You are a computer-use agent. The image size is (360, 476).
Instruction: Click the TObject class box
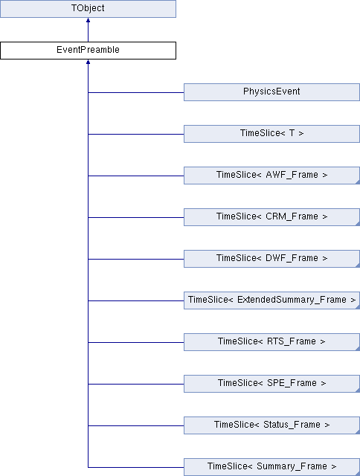(x=88, y=8)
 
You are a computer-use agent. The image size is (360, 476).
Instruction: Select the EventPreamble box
(x=88, y=51)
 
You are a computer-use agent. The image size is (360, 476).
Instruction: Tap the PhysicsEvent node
(x=271, y=92)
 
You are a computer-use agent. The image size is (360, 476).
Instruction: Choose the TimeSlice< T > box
(x=271, y=134)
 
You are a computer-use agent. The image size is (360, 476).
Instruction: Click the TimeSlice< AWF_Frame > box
(x=271, y=176)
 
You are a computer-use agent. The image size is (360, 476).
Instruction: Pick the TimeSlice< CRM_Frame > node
(x=271, y=216)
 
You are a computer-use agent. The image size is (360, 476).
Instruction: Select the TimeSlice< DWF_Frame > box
(x=271, y=259)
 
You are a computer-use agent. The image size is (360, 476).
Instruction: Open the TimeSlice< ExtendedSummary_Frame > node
(x=271, y=300)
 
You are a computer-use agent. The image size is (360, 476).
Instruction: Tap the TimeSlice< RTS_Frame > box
(x=271, y=342)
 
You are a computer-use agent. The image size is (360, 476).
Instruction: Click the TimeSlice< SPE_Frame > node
(x=271, y=384)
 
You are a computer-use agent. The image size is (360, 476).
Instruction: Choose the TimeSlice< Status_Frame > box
(x=271, y=425)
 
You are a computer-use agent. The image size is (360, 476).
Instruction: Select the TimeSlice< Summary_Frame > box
(x=271, y=467)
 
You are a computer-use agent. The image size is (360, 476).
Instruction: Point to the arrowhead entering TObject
(x=88, y=20)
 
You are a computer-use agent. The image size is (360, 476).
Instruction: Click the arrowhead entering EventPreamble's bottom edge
(x=88, y=62)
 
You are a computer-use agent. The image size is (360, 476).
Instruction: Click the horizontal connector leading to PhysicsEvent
(x=136, y=92)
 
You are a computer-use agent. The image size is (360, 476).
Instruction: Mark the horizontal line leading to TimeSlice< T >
(x=136, y=134)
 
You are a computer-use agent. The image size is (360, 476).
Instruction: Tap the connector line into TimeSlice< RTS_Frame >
(x=136, y=342)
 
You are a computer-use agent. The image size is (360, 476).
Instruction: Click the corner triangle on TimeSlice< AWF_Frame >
(x=359, y=182)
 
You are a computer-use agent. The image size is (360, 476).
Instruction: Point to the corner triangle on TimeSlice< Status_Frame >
(x=359, y=432)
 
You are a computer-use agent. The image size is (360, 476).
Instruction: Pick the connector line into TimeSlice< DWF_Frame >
(x=136, y=259)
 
